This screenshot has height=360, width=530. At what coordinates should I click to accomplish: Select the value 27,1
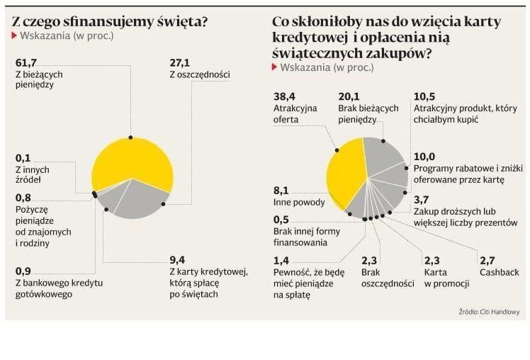pyautogui.click(x=180, y=62)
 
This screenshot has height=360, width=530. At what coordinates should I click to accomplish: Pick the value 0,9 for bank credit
pyautogui.click(x=23, y=271)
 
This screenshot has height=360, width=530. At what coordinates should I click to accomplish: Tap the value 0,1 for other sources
pyautogui.click(x=23, y=158)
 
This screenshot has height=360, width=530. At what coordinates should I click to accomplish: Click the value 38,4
pyautogui.click(x=283, y=96)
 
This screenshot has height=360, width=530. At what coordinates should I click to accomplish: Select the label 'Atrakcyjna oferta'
pyautogui.click(x=295, y=113)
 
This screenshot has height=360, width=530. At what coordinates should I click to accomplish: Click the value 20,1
pyautogui.click(x=349, y=96)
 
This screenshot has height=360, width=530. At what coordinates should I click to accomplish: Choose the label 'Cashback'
pyautogui.click(x=499, y=271)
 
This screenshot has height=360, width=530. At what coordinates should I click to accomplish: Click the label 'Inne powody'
pyautogui.click(x=299, y=202)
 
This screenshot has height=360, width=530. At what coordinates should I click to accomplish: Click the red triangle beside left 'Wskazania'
pyautogui.click(x=15, y=35)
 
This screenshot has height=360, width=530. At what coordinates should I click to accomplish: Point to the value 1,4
pyautogui.click(x=281, y=260)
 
